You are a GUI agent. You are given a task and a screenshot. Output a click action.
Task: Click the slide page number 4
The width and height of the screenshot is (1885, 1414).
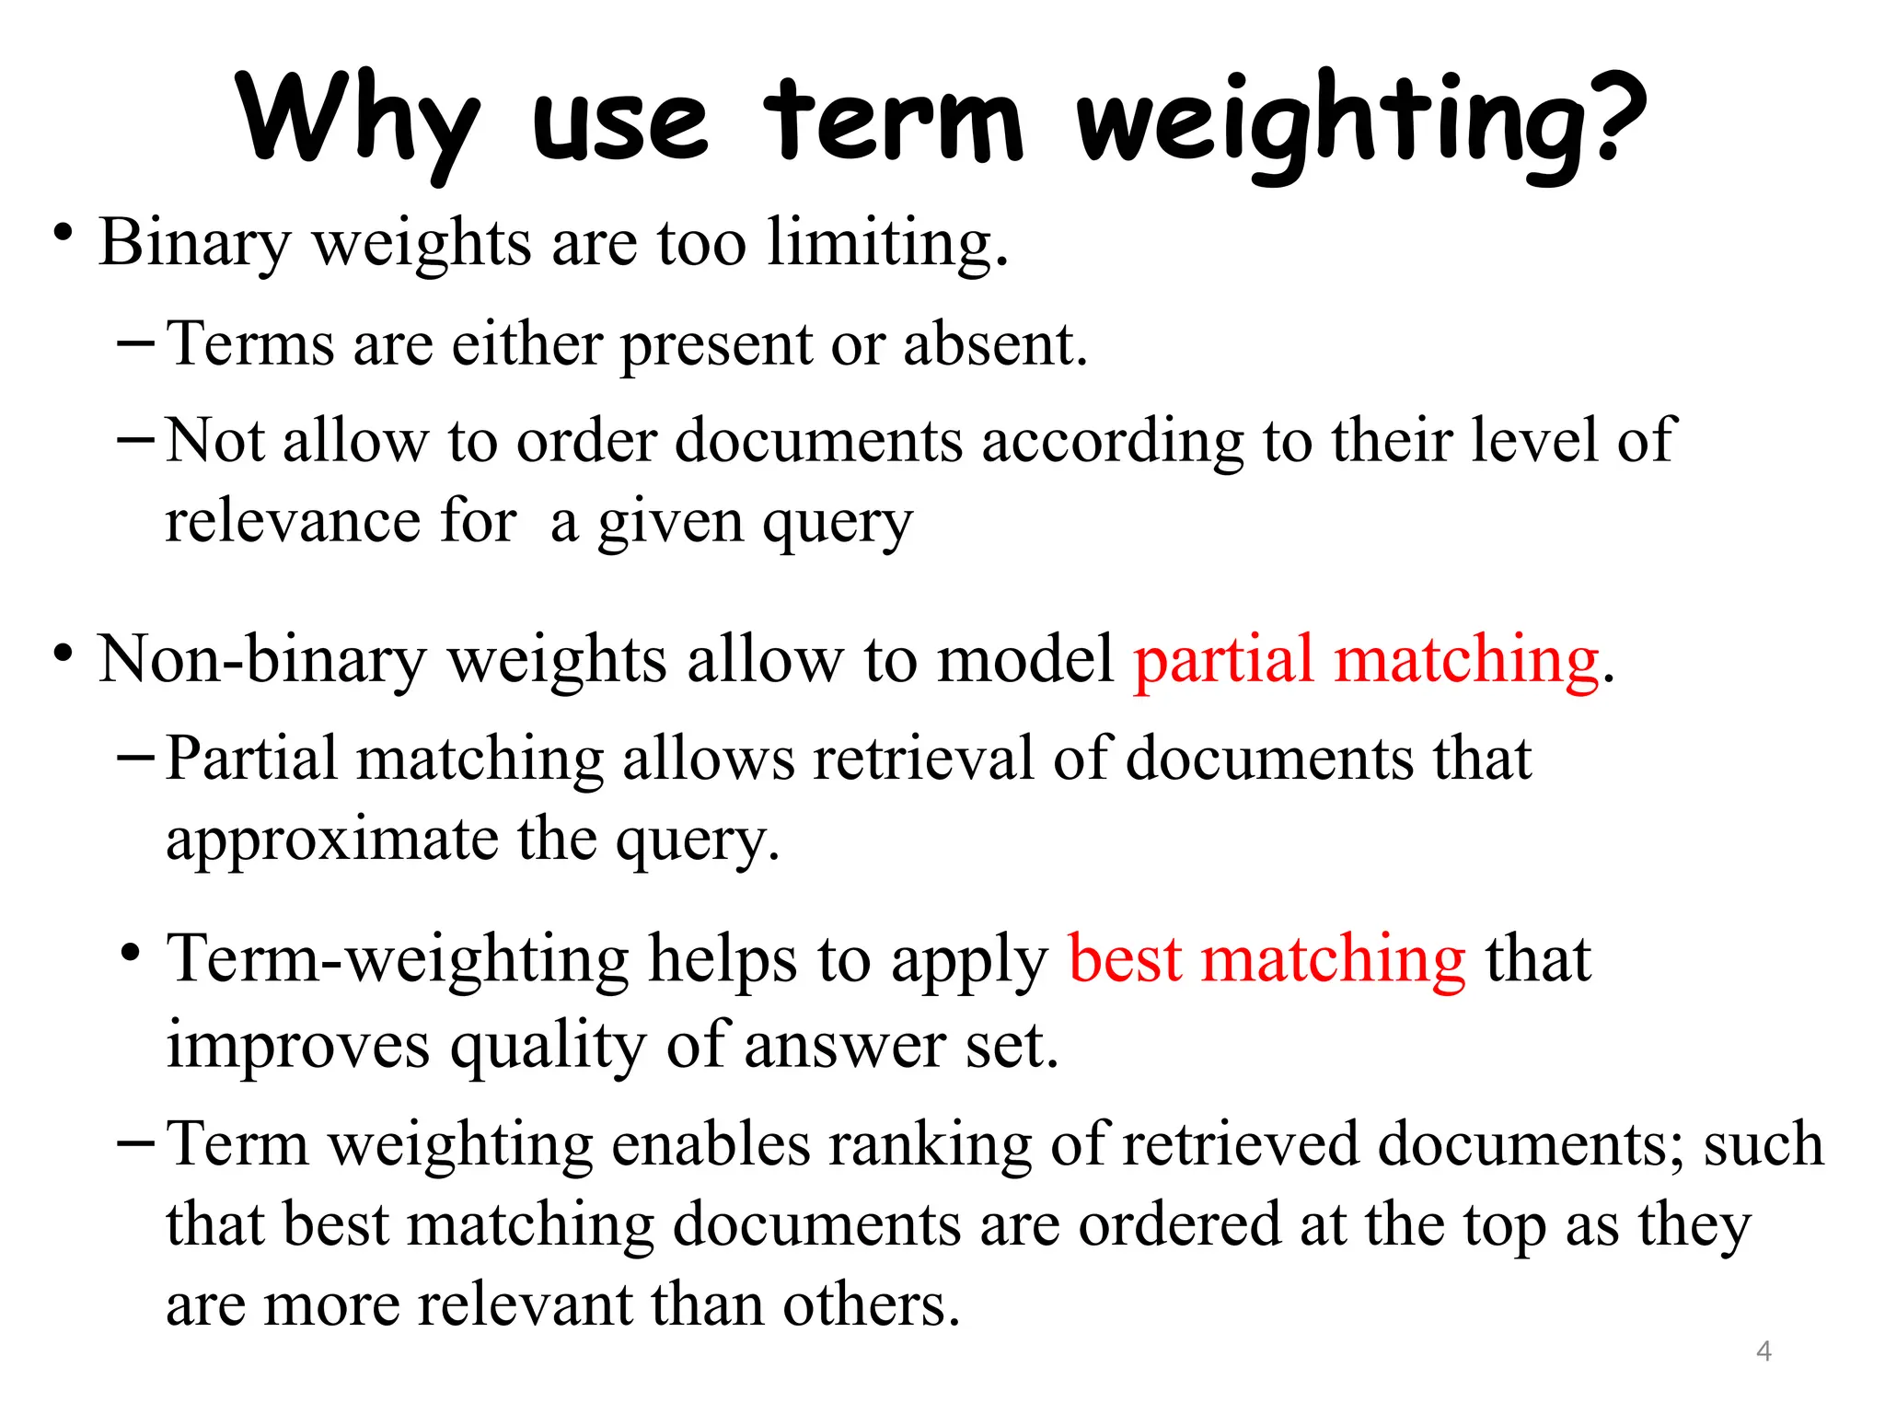pos(1764,1350)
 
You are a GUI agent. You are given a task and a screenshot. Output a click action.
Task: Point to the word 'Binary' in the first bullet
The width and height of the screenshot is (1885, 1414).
pos(194,243)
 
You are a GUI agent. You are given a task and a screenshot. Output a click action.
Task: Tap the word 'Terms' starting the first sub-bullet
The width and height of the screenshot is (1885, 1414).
pos(250,344)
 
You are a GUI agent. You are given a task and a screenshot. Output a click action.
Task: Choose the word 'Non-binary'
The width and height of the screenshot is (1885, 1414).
pos(262,660)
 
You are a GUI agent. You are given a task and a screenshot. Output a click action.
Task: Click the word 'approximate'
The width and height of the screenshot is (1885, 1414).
pos(331,840)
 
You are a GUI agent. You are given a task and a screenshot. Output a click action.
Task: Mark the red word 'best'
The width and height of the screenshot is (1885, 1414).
pos(1124,959)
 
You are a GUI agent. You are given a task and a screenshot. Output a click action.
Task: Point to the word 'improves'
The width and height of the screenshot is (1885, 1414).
pos(297,1046)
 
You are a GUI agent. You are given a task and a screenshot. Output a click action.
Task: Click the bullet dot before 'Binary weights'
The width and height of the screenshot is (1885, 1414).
pos(62,233)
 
